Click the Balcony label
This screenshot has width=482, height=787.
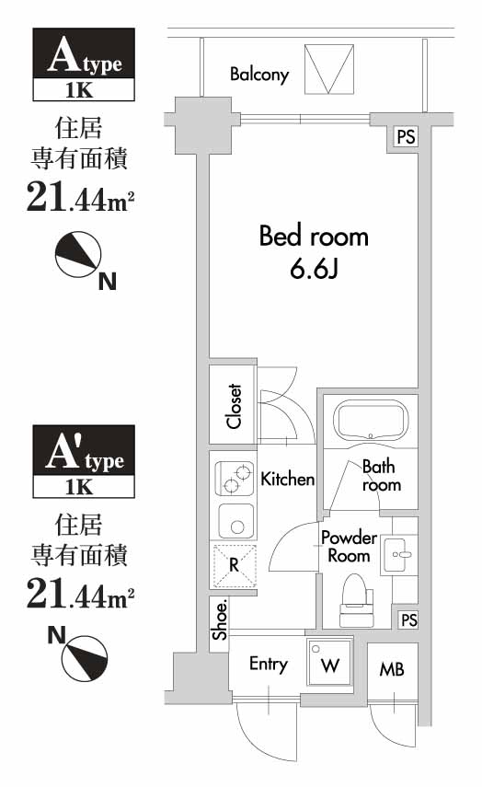[259, 75]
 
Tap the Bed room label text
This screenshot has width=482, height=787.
[314, 237]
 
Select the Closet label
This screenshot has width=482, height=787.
[235, 406]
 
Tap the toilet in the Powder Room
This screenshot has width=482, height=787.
[354, 594]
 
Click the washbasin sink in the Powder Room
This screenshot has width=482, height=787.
[399, 554]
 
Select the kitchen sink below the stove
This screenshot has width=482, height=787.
[235, 522]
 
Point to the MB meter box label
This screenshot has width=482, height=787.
[392, 669]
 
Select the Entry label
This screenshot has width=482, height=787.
[269, 664]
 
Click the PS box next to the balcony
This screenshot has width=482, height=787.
[406, 137]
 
